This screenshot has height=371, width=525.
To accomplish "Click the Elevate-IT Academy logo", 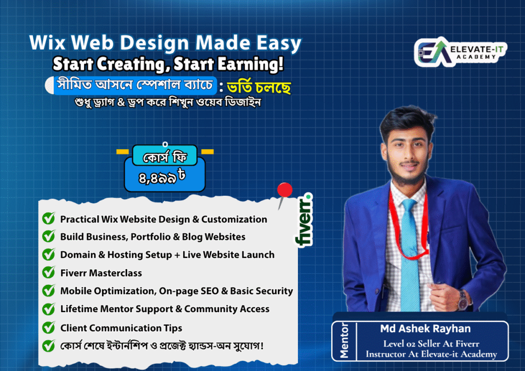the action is pyautogui.click(x=461, y=52).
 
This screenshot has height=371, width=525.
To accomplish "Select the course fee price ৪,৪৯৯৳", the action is pyautogui.click(x=162, y=176).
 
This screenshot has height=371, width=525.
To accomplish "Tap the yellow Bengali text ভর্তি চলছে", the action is pyautogui.click(x=258, y=88).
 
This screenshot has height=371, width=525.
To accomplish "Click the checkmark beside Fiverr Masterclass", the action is pyautogui.click(x=49, y=272).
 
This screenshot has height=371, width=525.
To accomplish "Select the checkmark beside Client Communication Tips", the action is pyautogui.click(x=49, y=327).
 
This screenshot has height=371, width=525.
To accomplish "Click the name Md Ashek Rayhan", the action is pyautogui.click(x=425, y=329).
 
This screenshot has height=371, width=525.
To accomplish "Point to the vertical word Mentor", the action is pyautogui.click(x=344, y=341).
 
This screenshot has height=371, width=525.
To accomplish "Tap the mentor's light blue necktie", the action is pyautogui.click(x=410, y=254).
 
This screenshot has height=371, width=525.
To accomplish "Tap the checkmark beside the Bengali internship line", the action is pyautogui.click(x=49, y=345).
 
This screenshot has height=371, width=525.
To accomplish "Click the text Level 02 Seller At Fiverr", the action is pyautogui.click(x=431, y=343).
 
